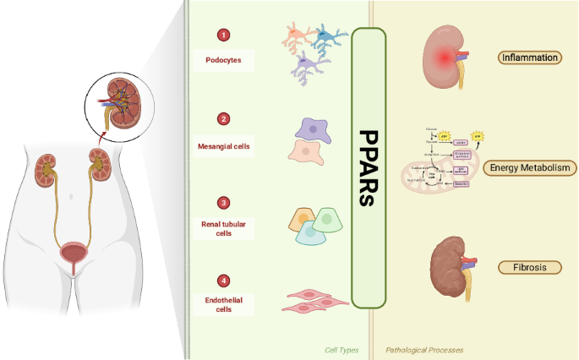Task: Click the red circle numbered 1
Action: (x=223, y=35)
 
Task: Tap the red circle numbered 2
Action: (x=223, y=118)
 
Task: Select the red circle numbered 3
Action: (x=223, y=203)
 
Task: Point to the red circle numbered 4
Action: (x=223, y=281)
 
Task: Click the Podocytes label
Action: (x=223, y=60)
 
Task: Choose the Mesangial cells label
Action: (x=223, y=145)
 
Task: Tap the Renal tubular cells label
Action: (x=223, y=228)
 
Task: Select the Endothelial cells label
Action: (x=223, y=304)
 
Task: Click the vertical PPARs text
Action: (x=369, y=169)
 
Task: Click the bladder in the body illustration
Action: (x=71, y=253)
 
